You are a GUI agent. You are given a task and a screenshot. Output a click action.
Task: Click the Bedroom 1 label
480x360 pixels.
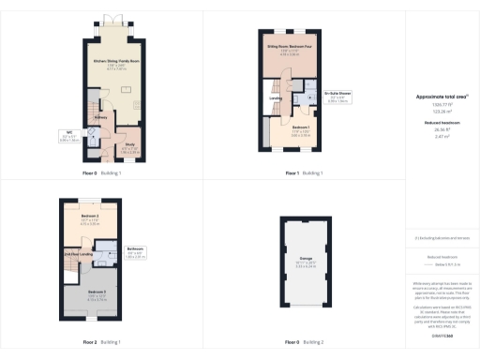301,127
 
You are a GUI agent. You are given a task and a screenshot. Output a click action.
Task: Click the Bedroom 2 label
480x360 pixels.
90,218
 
